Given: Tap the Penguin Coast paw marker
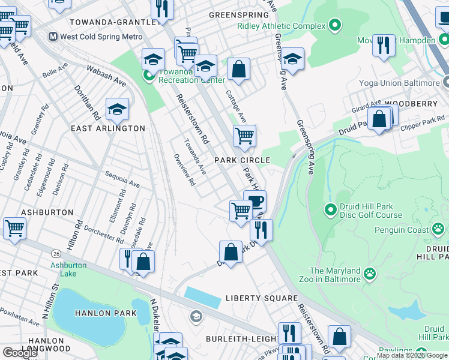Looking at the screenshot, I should (x=439, y=229).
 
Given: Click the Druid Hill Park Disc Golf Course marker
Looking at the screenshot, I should (x=330, y=210).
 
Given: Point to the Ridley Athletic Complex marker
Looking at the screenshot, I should (x=335, y=26).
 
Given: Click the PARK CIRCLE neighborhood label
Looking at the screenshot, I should (x=243, y=160).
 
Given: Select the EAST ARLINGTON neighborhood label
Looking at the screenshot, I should (x=107, y=128).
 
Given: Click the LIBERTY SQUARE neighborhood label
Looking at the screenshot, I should (x=262, y=298).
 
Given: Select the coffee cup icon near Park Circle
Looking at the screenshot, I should (x=255, y=201).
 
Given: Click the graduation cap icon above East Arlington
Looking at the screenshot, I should (x=117, y=109).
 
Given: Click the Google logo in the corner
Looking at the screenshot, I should (x=19, y=353).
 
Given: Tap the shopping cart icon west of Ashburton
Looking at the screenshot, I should (x=14, y=227).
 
